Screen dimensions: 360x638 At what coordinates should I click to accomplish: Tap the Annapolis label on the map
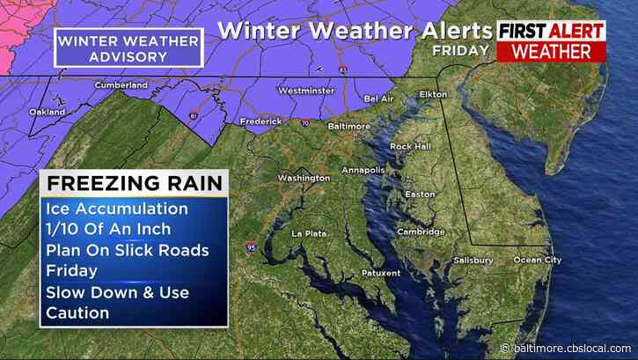click(x=364, y=170)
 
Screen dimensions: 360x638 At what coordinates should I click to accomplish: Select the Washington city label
click(x=303, y=178)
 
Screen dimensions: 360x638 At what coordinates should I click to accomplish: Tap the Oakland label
click(x=47, y=113)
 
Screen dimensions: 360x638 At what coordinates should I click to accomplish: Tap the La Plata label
click(x=309, y=233)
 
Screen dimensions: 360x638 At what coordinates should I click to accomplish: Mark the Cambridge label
click(x=421, y=232)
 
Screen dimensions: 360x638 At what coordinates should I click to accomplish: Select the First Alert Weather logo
click(x=552, y=40)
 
